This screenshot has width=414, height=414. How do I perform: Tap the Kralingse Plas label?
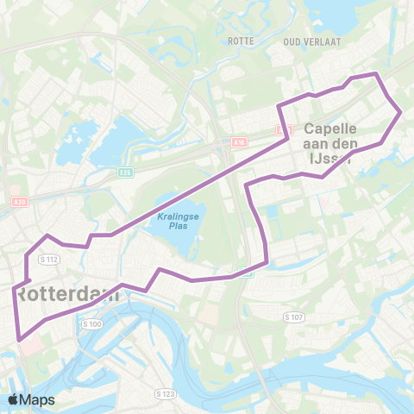172,223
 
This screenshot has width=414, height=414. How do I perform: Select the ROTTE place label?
237,41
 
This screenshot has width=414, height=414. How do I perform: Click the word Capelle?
332,128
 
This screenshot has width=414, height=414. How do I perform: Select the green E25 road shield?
126,172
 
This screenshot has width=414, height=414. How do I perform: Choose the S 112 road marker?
47,259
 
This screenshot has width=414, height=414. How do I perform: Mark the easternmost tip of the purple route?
401,112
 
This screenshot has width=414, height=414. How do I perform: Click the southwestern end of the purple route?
19,339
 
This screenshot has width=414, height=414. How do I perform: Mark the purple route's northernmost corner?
375,74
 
